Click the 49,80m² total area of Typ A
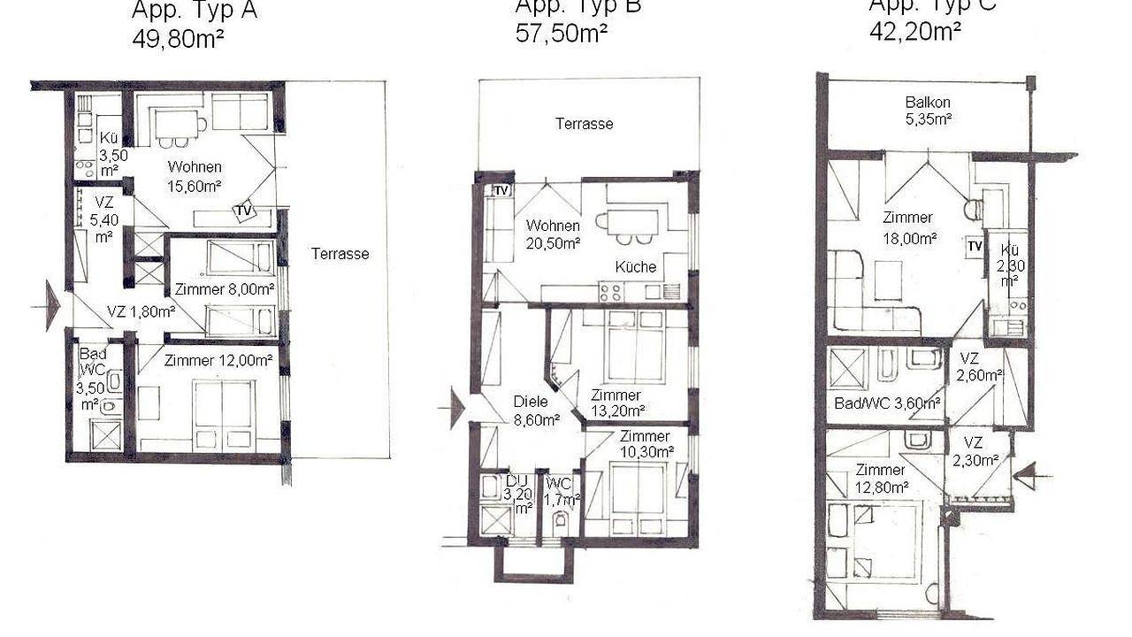177,40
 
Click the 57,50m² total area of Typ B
561,34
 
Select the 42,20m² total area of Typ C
914,32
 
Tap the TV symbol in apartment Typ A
242,211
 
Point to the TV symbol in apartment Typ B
501,190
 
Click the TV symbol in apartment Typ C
975,246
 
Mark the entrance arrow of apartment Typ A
51,305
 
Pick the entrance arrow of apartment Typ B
455,408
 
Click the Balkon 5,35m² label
928,111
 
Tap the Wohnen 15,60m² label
195,176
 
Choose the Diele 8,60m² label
536,411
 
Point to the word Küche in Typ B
636,266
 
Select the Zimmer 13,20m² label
616,403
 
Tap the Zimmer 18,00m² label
909,227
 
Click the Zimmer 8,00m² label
225,289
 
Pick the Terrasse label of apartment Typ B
584,124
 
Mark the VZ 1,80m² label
141,311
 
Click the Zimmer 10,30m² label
646,443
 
